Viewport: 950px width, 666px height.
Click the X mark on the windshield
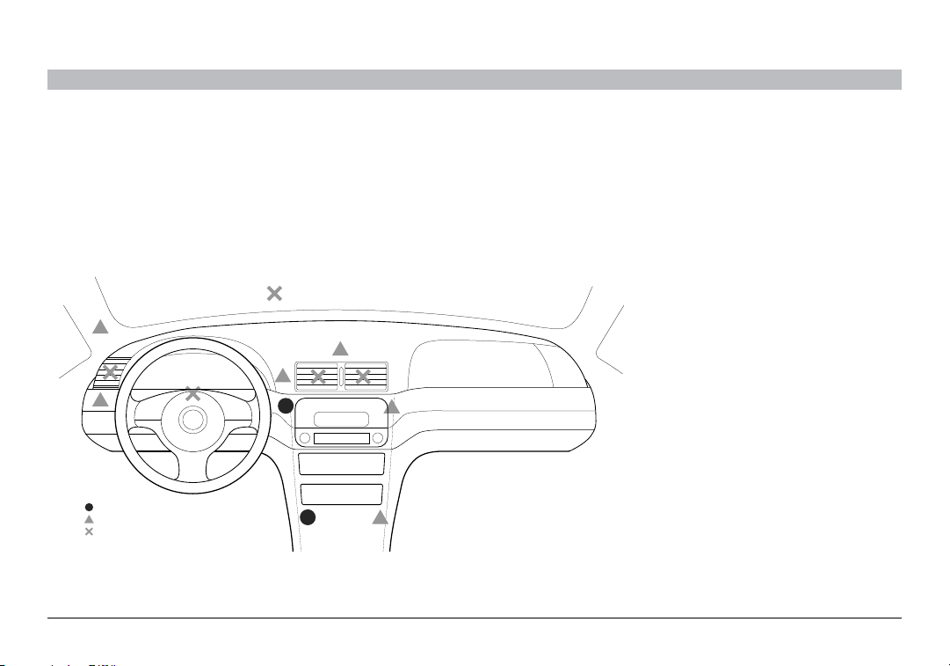click(274, 293)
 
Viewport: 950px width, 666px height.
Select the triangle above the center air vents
click(339, 348)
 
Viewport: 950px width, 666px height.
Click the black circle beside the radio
click(286, 406)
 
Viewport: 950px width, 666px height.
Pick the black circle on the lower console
click(308, 517)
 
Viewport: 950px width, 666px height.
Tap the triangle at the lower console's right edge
click(380, 517)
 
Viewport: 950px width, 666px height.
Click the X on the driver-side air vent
click(110, 373)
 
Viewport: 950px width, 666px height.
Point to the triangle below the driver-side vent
click(101, 399)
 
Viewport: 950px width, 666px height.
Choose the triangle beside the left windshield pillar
click(100, 327)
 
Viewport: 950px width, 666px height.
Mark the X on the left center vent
click(318, 377)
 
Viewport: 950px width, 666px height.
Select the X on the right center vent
click(362, 377)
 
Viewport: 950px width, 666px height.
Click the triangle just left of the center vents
click(283, 377)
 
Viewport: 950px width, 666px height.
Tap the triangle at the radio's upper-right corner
click(392, 406)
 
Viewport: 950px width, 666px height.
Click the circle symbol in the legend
click(89, 507)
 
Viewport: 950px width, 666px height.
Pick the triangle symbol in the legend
click(89, 519)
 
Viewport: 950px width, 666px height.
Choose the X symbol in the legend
click(89, 531)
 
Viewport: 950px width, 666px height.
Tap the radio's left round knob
click(304, 438)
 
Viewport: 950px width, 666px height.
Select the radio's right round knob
click(378, 438)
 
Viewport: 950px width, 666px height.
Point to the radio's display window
click(339, 419)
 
